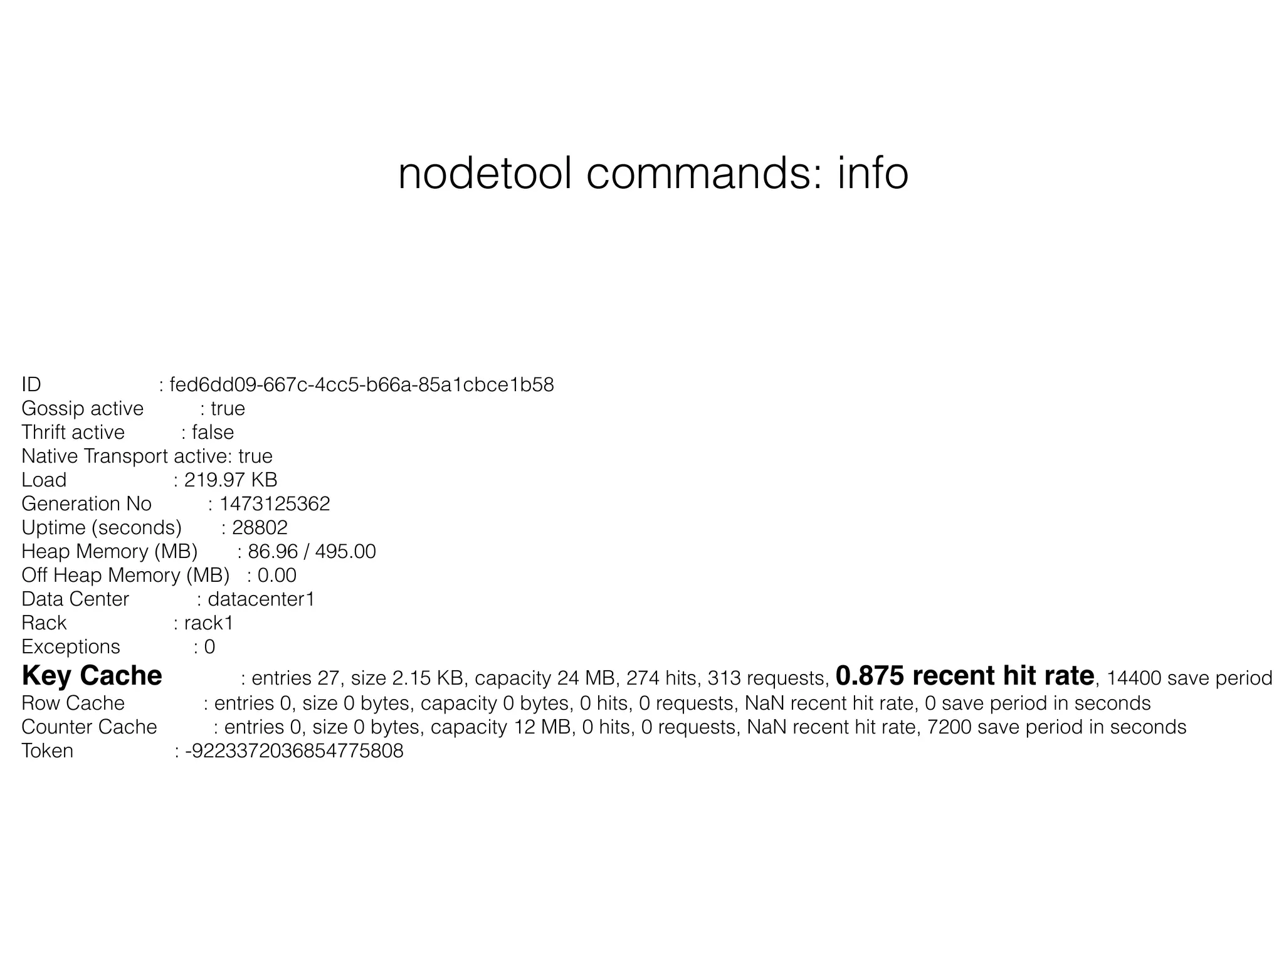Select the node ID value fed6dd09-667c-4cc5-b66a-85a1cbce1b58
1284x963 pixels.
(x=362, y=385)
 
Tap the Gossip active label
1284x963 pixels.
(x=82, y=409)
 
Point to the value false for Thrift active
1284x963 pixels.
(x=213, y=433)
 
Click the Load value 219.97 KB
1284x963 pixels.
(x=230, y=480)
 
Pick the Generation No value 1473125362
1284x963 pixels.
(x=275, y=504)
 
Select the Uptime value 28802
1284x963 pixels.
(x=260, y=528)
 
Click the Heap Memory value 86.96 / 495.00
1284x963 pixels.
(x=312, y=552)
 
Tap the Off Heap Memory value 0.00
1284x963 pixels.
(x=276, y=576)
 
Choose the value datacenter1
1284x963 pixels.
(x=261, y=599)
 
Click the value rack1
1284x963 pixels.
(x=208, y=623)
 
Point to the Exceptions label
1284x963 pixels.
(x=71, y=647)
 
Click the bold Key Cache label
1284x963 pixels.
(x=92, y=676)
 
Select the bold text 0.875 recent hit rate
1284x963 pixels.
(x=965, y=676)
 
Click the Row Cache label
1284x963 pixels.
(x=73, y=703)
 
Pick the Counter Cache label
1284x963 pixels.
(x=89, y=727)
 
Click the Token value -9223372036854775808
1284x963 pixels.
(x=294, y=751)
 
